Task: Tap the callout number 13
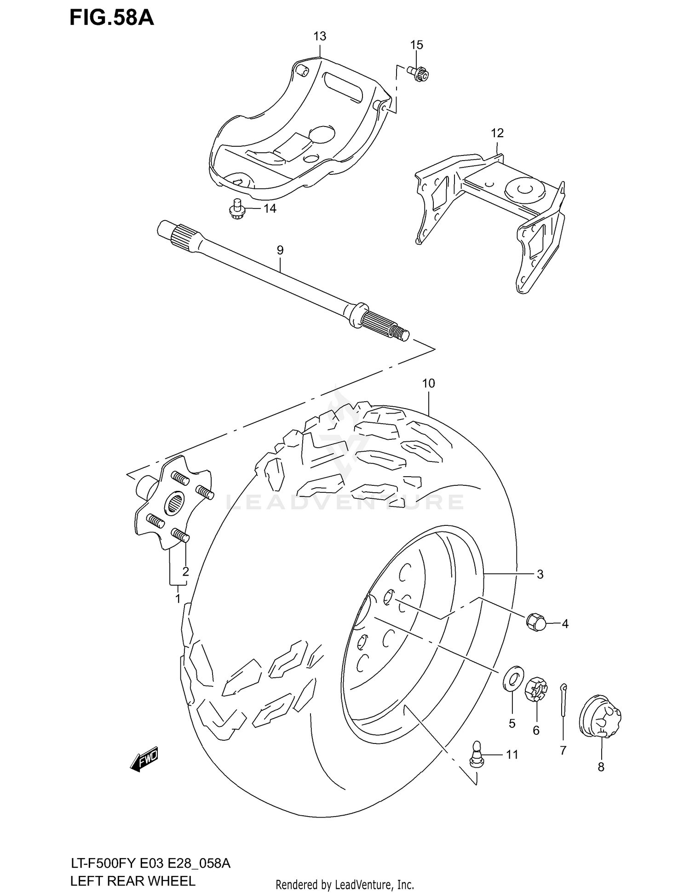click(x=320, y=36)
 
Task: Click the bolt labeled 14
click(x=236, y=209)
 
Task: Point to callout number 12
click(x=497, y=133)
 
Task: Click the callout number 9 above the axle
click(x=280, y=250)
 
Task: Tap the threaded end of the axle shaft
click(x=402, y=334)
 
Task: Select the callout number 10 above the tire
click(x=428, y=383)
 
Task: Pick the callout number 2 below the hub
click(x=185, y=571)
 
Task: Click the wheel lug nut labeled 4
click(x=535, y=622)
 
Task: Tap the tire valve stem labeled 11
click(x=476, y=754)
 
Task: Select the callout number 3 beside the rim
click(x=540, y=574)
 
